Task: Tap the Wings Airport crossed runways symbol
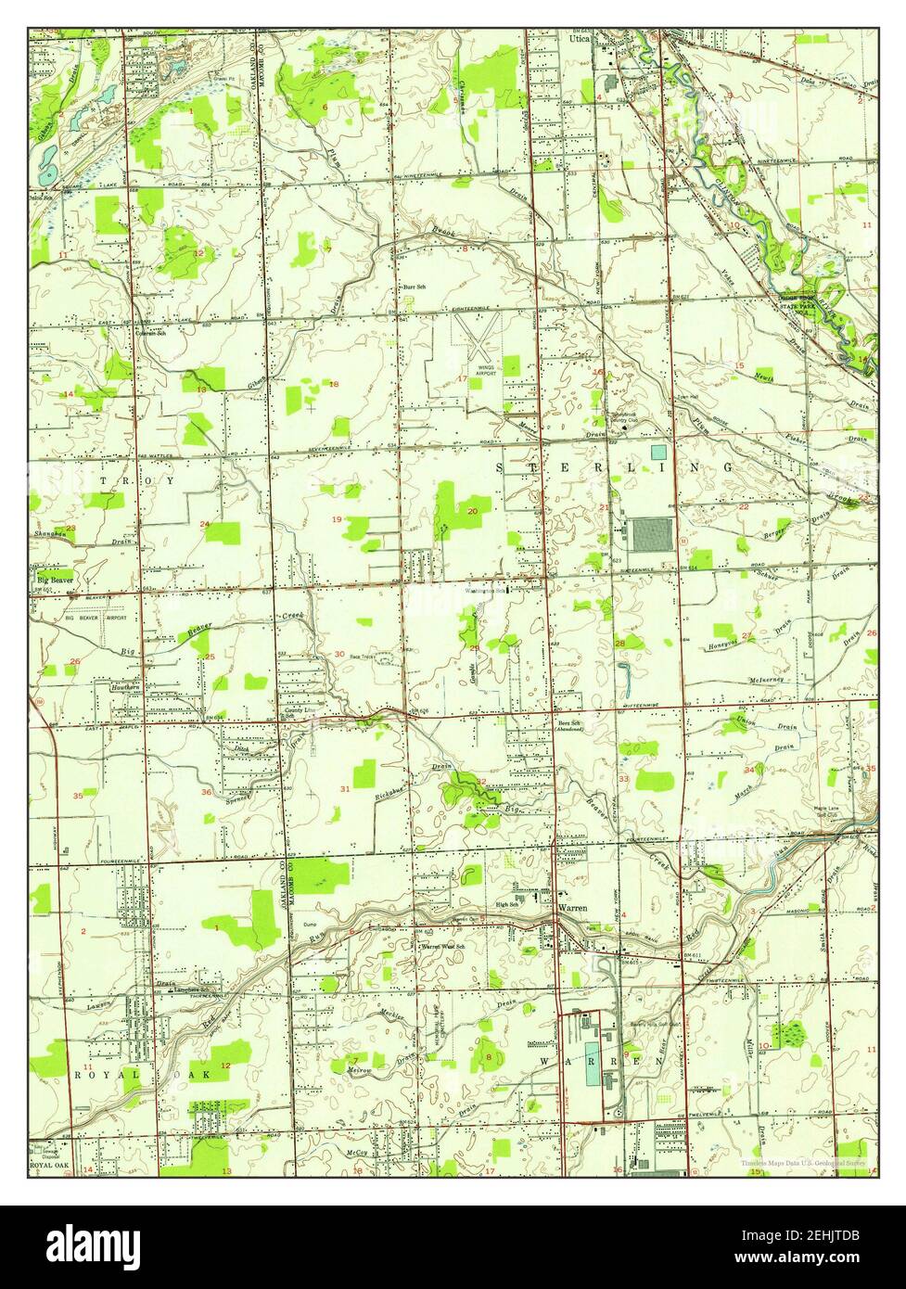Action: [479, 339]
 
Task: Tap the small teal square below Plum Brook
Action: [658, 452]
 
